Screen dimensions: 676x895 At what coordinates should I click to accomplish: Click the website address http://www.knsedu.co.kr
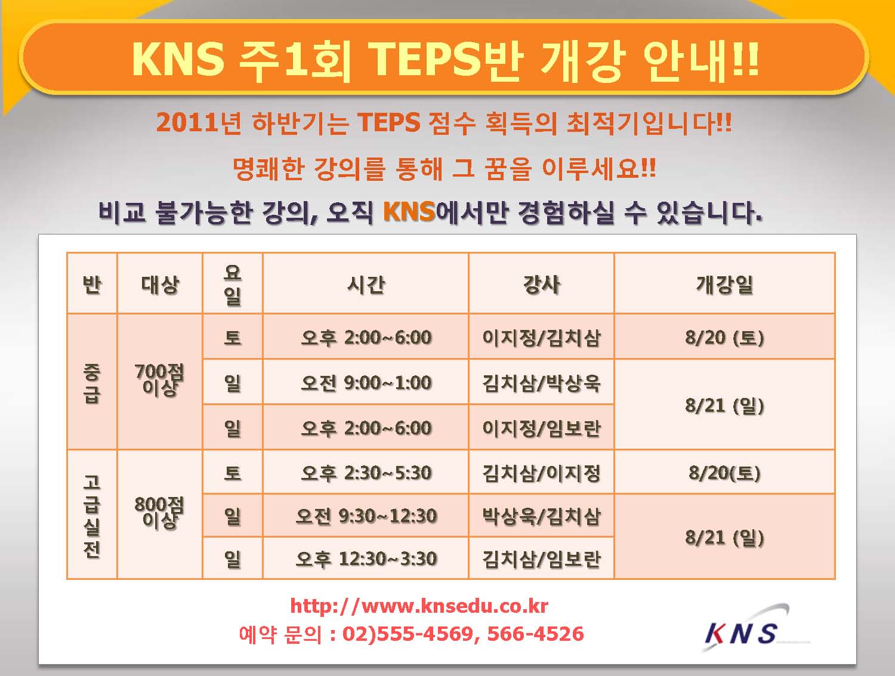419,606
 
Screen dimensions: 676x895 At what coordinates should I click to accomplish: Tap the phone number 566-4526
535,634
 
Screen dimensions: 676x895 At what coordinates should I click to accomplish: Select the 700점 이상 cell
159,381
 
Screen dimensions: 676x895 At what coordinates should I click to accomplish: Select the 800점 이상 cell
159,513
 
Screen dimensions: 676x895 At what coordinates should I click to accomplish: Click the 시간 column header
366,284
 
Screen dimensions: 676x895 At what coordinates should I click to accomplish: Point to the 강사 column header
541,284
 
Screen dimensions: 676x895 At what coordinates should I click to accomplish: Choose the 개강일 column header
724,284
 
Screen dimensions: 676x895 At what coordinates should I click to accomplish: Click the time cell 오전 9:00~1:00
366,382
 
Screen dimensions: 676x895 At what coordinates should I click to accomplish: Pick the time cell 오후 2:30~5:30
366,473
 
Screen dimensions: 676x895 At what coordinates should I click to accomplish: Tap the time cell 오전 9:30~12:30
366,516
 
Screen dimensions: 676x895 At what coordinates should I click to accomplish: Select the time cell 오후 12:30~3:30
366,558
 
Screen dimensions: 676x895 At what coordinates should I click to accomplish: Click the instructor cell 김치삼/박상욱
541,382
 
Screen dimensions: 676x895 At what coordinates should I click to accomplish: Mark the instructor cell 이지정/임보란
541,428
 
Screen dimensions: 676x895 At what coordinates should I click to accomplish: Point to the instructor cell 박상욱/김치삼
541,516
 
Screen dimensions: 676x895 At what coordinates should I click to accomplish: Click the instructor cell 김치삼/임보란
541,558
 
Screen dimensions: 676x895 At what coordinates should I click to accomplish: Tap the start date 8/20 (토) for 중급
724,338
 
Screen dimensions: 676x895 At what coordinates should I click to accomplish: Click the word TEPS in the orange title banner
424,60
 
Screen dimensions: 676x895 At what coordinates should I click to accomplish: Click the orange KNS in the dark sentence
409,212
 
